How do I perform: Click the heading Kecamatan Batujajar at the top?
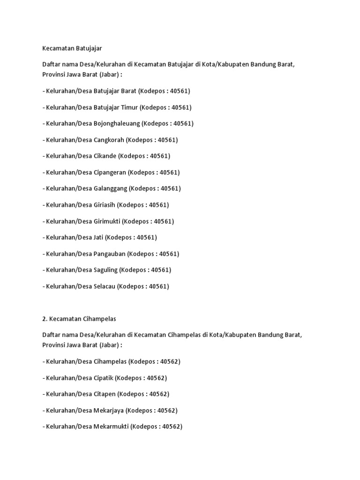[x=72, y=48]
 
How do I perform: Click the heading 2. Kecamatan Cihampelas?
[x=79, y=319]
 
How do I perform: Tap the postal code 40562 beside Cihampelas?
[x=169, y=361]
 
